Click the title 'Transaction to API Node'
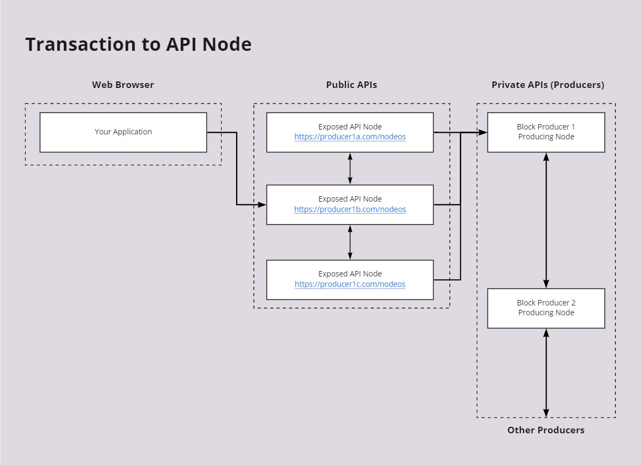(138, 44)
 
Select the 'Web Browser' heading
(123, 85)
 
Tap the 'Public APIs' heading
(351, 85)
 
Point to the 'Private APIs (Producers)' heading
(548, 85)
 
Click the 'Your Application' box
(123, 132)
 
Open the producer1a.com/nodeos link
(350, 137)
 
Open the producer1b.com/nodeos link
(350, 209)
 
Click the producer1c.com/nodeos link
(350, 284)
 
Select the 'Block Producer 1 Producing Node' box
(546, 132)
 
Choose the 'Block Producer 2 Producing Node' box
(546, 309)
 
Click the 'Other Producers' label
(546, 430)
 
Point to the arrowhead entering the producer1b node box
(262, 205)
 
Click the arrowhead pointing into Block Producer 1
(483, 132)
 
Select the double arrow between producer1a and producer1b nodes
(350, 169)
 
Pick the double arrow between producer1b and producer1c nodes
(350, 242)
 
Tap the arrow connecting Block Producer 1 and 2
(546, 221)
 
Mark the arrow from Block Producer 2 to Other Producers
(546, 373)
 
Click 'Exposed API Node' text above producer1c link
(350, 274)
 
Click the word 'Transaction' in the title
(80, 44)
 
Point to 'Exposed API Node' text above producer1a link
(350, 127)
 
